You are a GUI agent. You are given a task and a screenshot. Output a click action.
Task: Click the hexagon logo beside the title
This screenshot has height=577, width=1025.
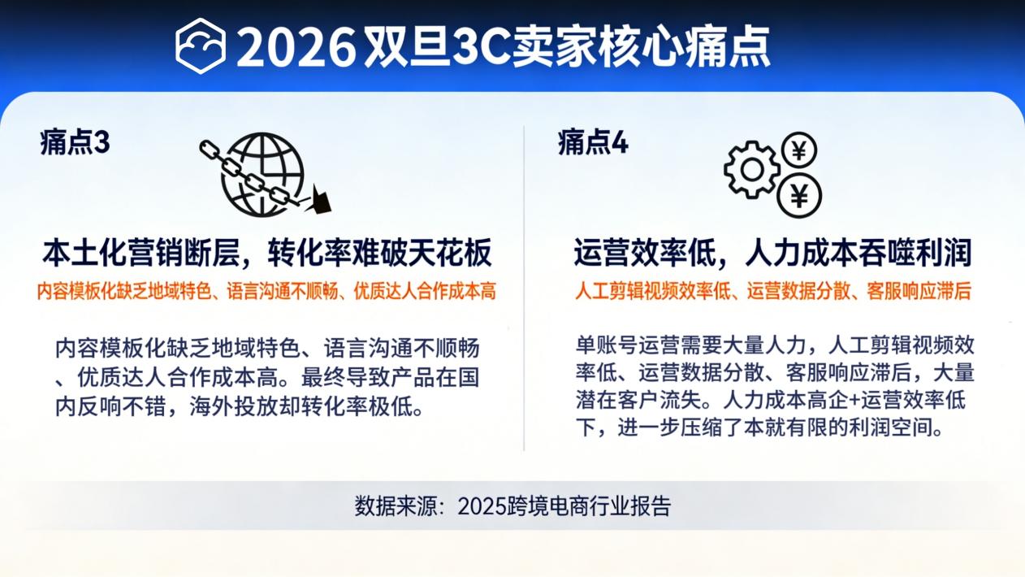point(200,46)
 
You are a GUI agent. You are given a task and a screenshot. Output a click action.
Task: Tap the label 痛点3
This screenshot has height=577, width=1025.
point(74,143)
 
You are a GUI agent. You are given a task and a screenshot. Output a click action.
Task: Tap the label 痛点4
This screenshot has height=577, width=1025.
point(592,143)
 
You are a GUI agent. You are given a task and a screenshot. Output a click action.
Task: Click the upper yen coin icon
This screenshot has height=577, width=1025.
point(798,150)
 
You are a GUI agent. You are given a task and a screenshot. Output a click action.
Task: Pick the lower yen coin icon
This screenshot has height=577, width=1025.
point(799,196)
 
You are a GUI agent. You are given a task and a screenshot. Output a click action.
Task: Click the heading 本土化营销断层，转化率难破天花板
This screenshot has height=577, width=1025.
point(266,254)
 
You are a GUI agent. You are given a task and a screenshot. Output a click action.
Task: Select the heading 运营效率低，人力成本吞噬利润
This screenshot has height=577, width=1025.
point(772,254)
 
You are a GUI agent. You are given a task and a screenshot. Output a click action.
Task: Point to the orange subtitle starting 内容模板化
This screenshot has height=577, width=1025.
point(266,291)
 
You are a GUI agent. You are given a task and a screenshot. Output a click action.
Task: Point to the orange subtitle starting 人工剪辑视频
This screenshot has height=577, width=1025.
point(772,291)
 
